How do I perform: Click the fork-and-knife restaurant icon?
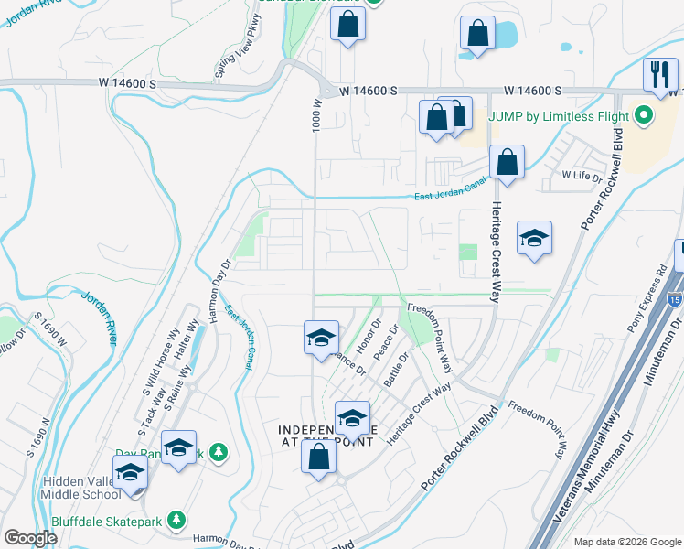click(659, 74)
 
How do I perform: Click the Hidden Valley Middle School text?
click(80, 488)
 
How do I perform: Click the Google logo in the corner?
click(30, 538)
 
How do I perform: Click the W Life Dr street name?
click(581, 175)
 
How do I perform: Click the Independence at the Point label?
click(326, 436)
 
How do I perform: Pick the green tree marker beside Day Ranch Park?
click(218, 451)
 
